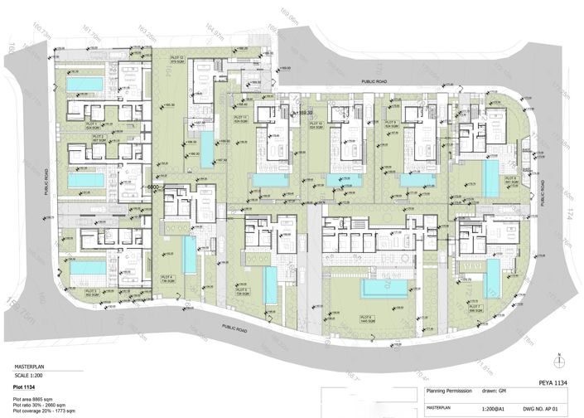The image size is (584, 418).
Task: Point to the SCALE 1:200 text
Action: (x=32, y=372)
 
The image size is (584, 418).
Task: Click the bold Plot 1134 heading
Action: (x=29, y=386)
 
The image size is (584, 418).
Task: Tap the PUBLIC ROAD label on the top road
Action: (x=379, y=81)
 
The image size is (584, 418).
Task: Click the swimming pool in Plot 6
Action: (x=385, y=288)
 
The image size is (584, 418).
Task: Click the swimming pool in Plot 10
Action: (x=343, y=179)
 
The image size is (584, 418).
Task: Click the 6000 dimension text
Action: (x=152, y=188)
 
